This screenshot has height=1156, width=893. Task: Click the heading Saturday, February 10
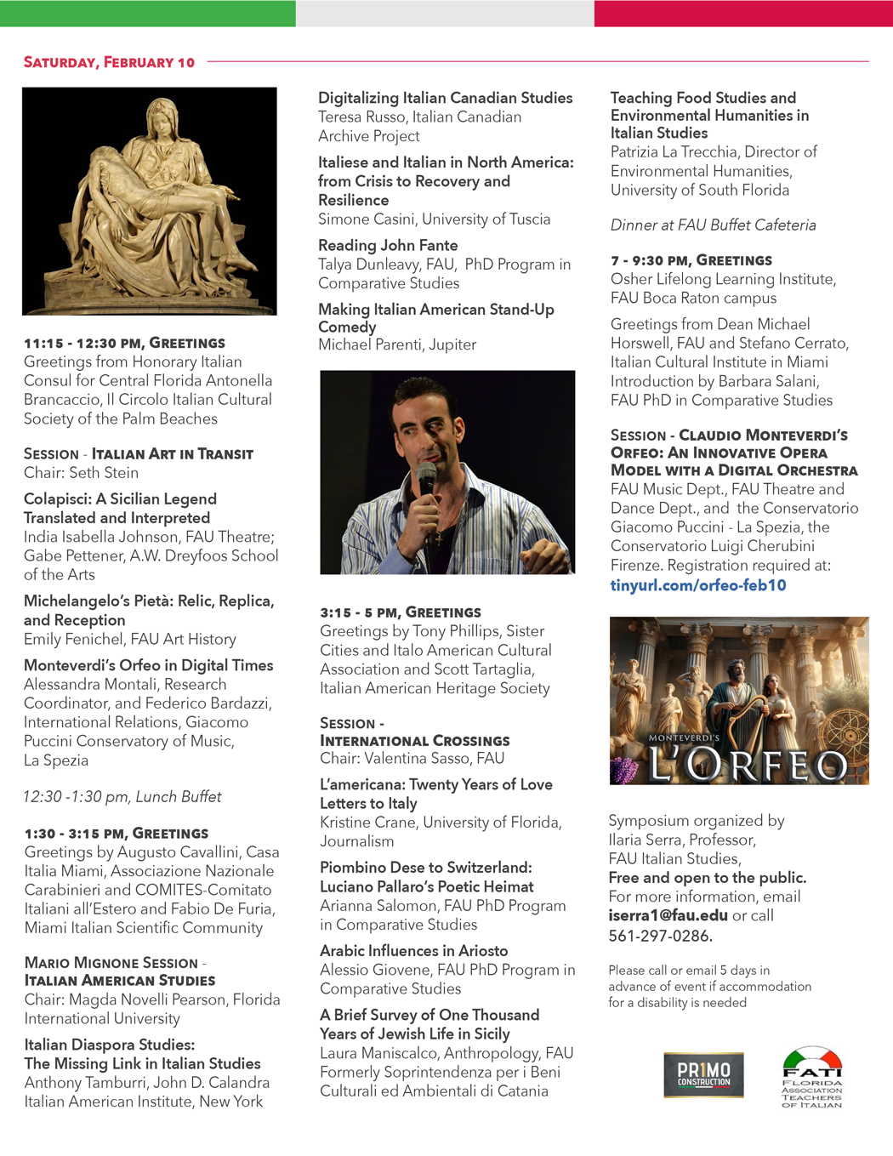pos(109,62)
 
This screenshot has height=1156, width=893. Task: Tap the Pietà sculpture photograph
pos(150,201)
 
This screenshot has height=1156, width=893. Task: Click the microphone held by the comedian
pos(427,483)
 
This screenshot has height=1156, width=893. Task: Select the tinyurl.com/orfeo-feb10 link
pos(698,585)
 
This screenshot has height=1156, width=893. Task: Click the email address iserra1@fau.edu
pos(668,915)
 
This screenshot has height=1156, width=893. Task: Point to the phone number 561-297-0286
pos(660,936)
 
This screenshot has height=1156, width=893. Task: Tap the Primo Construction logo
pos(703,1074)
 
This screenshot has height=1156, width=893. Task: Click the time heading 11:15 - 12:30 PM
pos(82,344)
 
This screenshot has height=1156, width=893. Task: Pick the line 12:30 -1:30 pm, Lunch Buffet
pos(122,797)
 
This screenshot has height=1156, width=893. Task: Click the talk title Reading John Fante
pos(388,245)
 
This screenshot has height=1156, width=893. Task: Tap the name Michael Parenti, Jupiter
pos(397,345)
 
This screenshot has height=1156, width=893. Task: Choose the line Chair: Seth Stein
pos(81,473)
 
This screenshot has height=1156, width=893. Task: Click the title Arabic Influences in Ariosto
pos(413,951)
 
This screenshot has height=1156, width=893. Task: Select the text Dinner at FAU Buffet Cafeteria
pos(713,225)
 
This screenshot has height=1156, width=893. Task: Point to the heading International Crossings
pos(415,741)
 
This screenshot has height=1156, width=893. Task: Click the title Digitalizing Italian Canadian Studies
pos(445,98)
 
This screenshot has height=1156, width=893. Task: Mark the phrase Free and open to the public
pos(708,878)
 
